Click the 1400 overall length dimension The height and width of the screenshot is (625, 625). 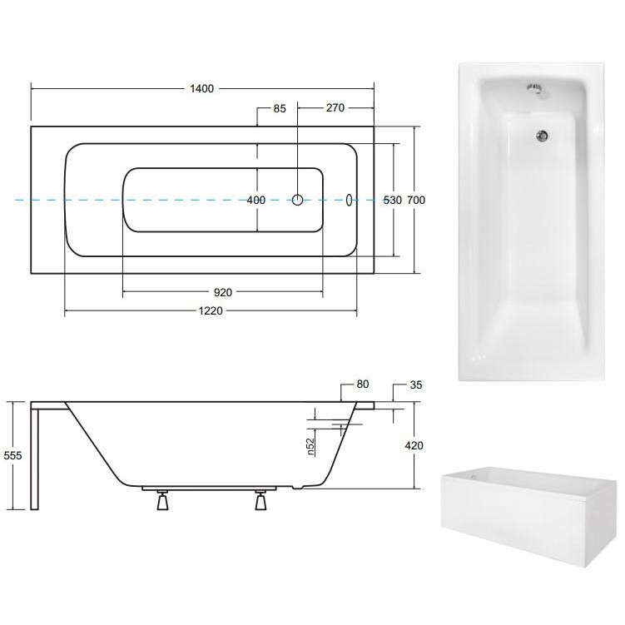(x=201, y=88)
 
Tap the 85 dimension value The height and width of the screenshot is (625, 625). (x=280, y=108)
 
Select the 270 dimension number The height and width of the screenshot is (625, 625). (x=335, y=107)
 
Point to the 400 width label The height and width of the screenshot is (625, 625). (x=255, y=200)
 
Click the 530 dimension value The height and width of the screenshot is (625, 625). (x=393, y=200)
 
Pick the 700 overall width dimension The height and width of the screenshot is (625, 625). (x=416, y=200)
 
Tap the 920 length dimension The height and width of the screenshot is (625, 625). (x=223, y=293)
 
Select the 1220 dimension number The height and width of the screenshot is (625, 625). (x=211, y=311)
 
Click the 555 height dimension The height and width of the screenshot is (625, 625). (x=12, y=455)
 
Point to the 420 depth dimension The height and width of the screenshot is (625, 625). (x=414, y=445)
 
